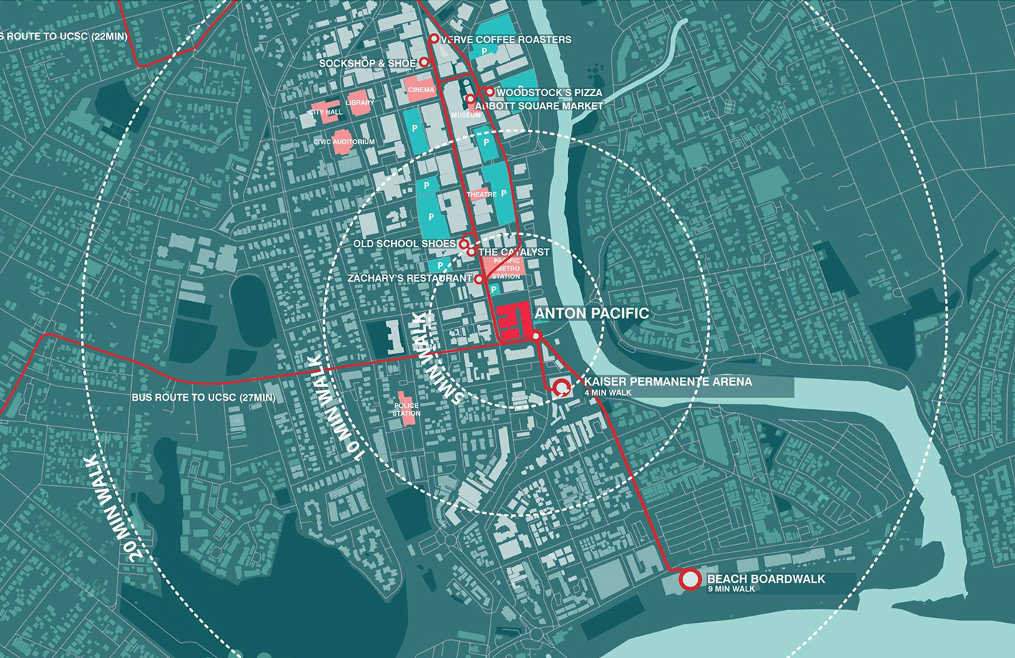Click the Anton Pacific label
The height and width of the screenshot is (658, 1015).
click(x=592, y=313)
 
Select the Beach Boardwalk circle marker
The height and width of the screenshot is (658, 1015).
click(x=690, y=579)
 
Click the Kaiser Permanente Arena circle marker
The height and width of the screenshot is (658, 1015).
click(x=562, y=388)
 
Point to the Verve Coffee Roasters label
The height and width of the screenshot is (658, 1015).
click(x=506, y=39)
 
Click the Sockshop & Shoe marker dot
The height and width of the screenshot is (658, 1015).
click(x=424, y=63)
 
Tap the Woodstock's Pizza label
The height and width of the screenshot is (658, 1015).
click(x=549, y=92)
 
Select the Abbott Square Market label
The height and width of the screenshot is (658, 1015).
click(x=539, y=105)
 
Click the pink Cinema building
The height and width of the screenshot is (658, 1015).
click(x=420, y=89)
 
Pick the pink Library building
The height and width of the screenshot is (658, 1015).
click(x=359, y=102)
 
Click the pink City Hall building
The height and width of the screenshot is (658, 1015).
click(x=325, y=112)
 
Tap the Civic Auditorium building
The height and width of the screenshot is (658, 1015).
click(x=343, y=141)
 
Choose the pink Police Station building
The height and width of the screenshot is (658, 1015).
click(x=406, y=409)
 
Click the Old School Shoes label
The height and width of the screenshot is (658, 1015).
click(x=404, y=244)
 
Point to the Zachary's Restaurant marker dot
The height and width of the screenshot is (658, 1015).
click(x=479, y=279)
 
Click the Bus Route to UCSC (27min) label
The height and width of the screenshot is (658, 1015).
click(x=203, y=397)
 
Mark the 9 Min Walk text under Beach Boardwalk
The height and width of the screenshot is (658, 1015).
click(x=731, y=589)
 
